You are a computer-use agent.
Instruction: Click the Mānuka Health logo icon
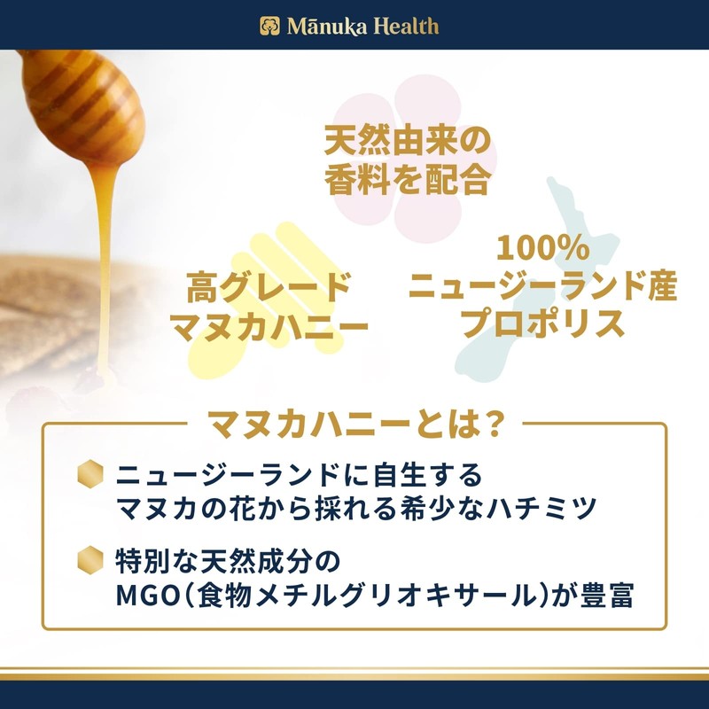[269, 26]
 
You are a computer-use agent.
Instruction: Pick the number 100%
[542, 246]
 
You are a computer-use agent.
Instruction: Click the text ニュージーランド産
[542, 285]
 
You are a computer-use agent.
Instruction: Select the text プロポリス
[542, 324]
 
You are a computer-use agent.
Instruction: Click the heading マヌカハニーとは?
[354, 424]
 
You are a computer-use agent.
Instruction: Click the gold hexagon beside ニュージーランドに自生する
[91, 472]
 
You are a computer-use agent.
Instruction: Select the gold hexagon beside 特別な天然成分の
[91, 557]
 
